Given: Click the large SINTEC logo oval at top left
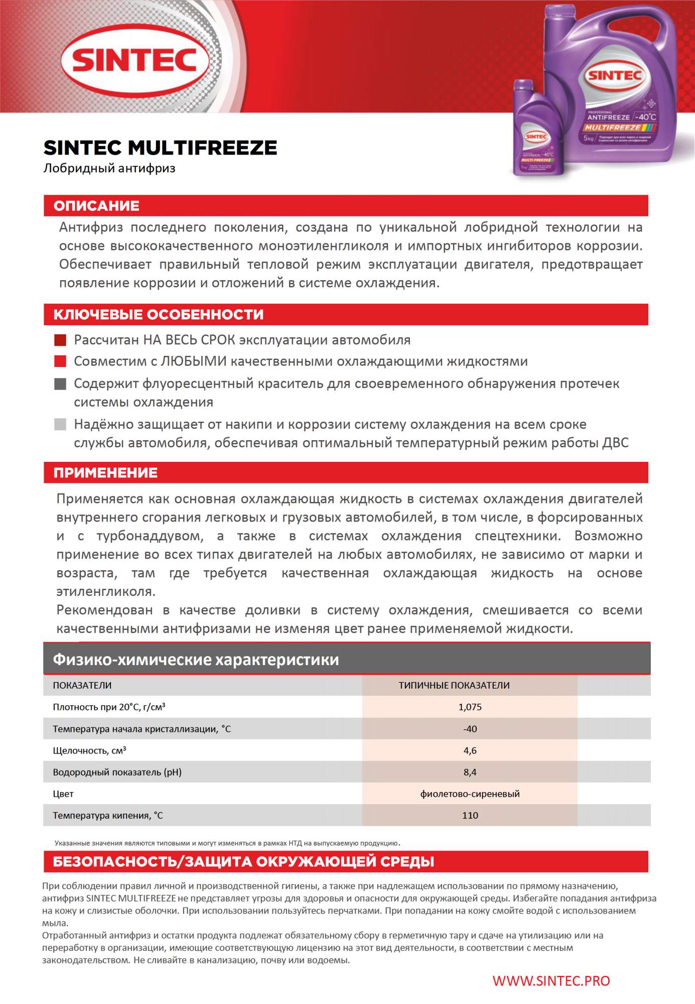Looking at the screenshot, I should click(134, 61).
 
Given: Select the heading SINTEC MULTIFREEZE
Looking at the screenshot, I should click(160, 148).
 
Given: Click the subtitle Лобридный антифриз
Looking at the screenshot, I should click(109, 168).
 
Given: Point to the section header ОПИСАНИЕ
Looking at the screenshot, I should click(96, 206).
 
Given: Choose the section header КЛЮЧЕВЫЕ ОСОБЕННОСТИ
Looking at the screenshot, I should click(159, 315).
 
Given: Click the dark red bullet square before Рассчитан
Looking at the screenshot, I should click(60, 340).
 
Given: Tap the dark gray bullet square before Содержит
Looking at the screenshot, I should click(60, 384).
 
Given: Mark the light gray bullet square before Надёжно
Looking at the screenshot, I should click(60, 425).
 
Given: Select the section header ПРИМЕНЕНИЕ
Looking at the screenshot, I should click(105, 473).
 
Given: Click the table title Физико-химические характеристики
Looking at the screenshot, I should click(196, 659).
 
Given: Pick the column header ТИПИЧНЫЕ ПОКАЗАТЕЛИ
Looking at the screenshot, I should click(454, 685).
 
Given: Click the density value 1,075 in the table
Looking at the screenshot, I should click(470, 707).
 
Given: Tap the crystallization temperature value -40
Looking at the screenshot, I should click(470, 729).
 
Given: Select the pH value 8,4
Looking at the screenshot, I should click(470, 772).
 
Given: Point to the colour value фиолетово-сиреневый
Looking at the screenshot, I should click(470, 794).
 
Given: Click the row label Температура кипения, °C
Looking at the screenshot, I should click(108, 816).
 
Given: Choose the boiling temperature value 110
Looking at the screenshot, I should click(470, 816).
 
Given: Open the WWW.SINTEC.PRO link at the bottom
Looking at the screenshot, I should click(551, 981).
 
